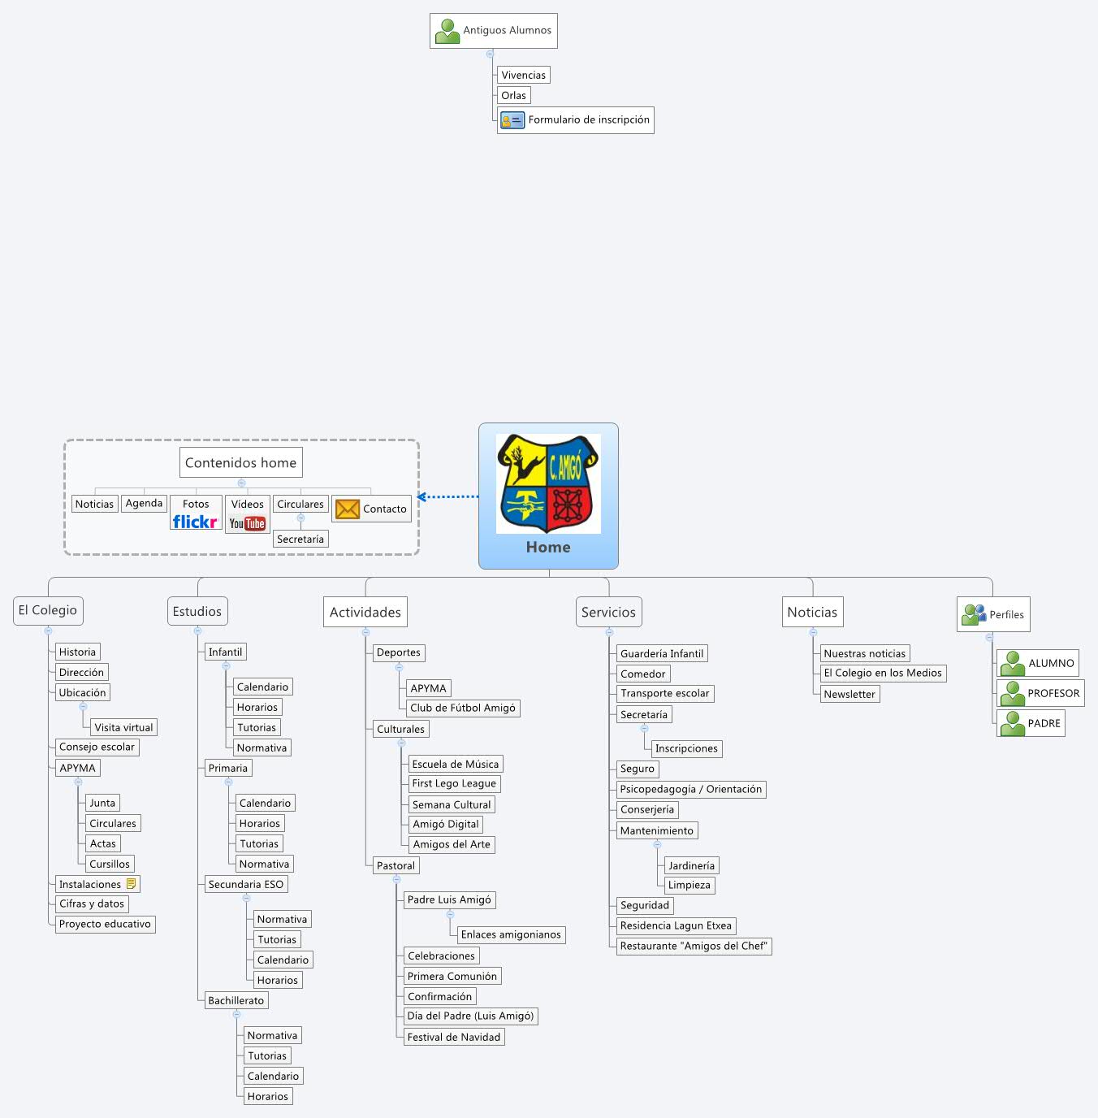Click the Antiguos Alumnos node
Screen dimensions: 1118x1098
point(493,31)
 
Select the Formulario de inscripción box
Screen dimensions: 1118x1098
point(575,120)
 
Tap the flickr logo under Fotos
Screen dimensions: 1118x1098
point(195,522)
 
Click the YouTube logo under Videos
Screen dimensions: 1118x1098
point(247,524)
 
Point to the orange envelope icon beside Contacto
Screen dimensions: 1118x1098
point(348,509)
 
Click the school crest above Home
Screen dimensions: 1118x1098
point(548,483)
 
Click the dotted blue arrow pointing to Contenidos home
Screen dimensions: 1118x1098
point(448,496)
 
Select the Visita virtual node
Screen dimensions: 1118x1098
point(123,727)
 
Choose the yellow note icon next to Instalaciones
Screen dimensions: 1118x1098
point(132,883)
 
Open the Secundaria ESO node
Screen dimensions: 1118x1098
point(245,884)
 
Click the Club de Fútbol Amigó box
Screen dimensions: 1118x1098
point(462,708)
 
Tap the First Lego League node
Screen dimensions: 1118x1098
point(453,783)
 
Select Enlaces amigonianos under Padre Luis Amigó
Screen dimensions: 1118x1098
point(510,934)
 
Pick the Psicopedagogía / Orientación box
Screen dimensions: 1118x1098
point(690,789)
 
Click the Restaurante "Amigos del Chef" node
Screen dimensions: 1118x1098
point(693,946)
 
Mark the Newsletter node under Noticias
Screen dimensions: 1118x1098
point(849,694)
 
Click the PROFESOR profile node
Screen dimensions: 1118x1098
point(1040,693)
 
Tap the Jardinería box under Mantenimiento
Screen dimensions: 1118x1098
point(691,865)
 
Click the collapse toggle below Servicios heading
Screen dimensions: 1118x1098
point(609,631)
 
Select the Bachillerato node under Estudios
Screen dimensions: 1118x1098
point(236,1000)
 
